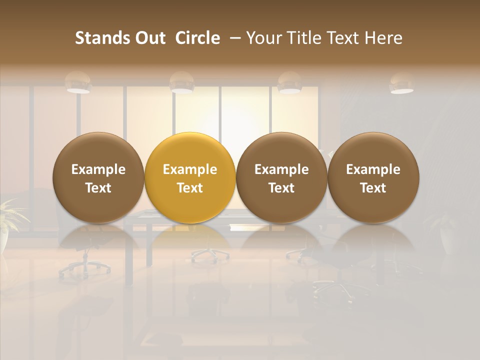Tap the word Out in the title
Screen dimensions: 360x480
point(149,38)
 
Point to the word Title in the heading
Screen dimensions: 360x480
point(305,38)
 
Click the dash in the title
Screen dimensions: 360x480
point(233,38)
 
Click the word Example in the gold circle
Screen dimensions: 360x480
point(190,169)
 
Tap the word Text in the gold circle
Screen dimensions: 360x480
point(190,188)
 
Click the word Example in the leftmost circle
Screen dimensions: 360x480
point(98,169)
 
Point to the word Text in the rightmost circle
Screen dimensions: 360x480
point(373,188)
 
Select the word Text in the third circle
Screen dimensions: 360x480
point(281,188)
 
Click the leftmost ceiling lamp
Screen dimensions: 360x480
point(78,83)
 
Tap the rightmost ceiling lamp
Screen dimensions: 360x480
point(401,84)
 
